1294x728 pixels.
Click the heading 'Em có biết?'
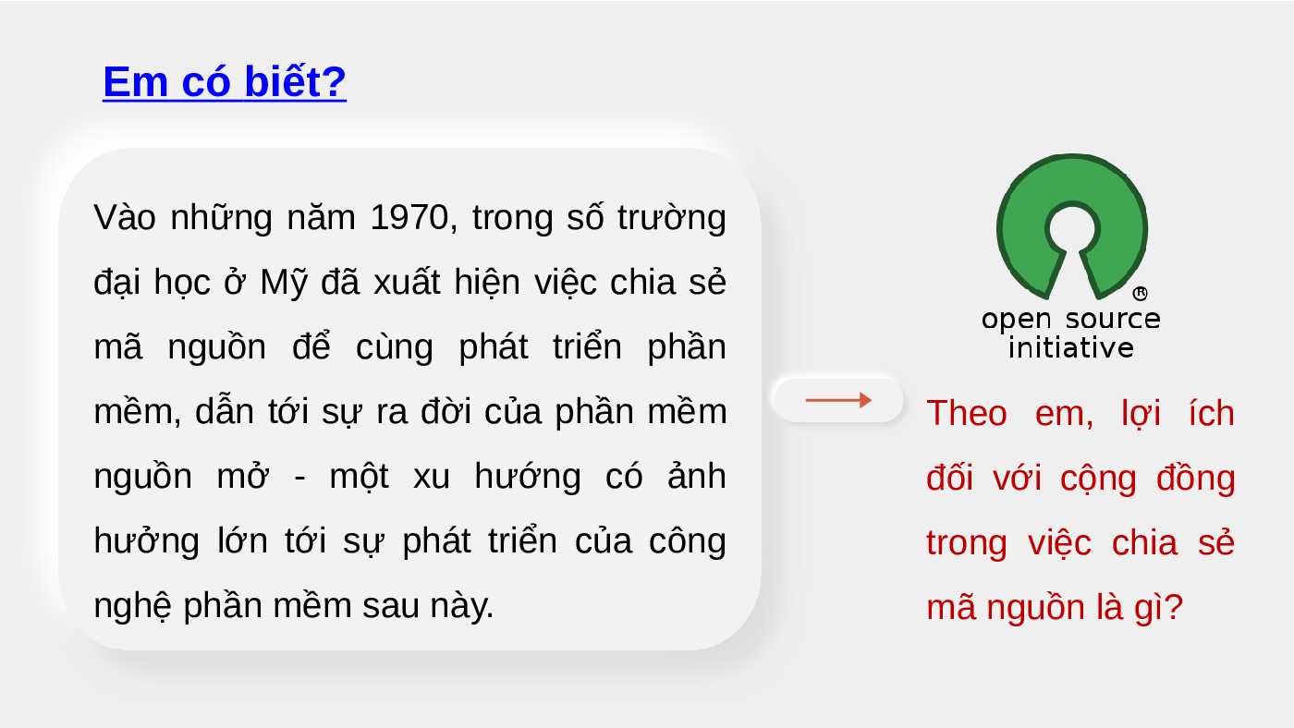pyautogui.click(x=224, y=81)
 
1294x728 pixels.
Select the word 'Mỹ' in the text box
pyautogui.click(x=283, y=284)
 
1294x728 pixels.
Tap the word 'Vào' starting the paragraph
pyautogui.click(x=125, y=218)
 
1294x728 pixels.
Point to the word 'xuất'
pyautogui.click(x=407, y=283)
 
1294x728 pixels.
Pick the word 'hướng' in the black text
pyautogui.click(x=528, y=477)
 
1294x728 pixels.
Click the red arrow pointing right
pyautogui.click(x=838, y=400)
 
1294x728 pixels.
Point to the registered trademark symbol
pyautogui.click(x=1140, y=293)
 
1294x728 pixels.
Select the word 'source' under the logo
pyautogui.click(x=1113, y=320)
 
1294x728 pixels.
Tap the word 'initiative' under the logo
pyautogui.click(x=1071, y=348)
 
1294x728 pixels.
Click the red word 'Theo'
pyautogui.click(x=967, y=413)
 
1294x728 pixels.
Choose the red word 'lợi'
pyautogui.click(x=1141, y=413)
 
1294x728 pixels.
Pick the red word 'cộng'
pyautogui.click(x=1098, y=479)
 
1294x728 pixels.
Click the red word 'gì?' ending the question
pyautogui.click(x=1158, y=607)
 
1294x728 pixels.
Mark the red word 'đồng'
pyautogui.click(x=1196, y=477)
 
